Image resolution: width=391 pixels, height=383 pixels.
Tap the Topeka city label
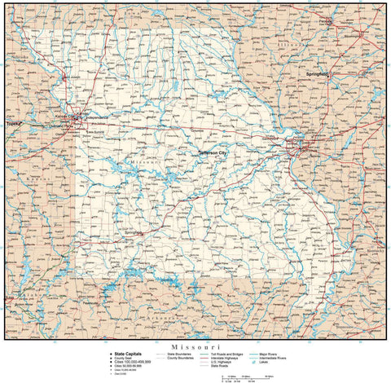(13, 124)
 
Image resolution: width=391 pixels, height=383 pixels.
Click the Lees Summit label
(95, 131)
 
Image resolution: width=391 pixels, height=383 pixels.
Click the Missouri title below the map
(195, 346)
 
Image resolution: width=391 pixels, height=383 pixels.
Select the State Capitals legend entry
(129, 353)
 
